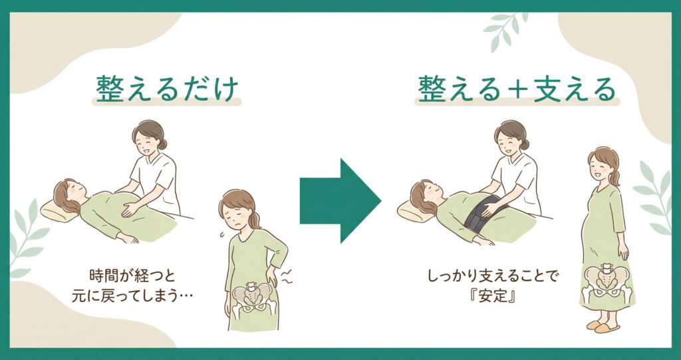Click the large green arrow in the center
340,201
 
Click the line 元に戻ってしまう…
132,296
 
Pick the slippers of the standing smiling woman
602,327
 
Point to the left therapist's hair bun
162,144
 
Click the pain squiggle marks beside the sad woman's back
287,277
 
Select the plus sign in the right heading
517,90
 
